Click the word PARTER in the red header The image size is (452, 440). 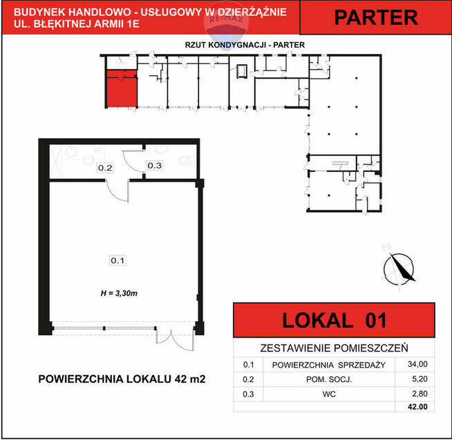(376, 17)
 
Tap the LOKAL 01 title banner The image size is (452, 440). (334, 320)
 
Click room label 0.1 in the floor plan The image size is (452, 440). (117, 260)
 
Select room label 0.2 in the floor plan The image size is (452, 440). (105, 168)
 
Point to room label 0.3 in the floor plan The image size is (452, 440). (155, 165)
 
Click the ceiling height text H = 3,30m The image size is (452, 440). (119, 294)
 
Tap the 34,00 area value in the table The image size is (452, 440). (417, 364)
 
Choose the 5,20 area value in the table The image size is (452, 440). (420, 379)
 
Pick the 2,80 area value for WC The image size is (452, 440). (420, 394)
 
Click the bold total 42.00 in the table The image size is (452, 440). (417, 407)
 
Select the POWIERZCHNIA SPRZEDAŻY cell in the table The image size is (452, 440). (328, 365)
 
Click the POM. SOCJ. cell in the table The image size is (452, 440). (329, 379)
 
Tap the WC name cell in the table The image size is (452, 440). (329, 394)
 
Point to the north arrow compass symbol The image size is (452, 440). (399, 268)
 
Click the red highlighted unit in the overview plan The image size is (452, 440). (122, 88)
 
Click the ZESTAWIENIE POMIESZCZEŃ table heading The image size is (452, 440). (334, 348)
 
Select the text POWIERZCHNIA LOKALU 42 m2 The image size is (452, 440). (122, 379)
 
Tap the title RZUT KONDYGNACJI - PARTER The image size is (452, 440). (245, 45)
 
